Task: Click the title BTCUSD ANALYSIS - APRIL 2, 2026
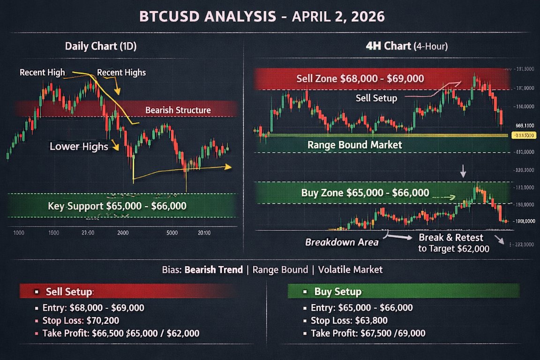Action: [x=262, y=16]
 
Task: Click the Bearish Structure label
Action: [x=178, y=110]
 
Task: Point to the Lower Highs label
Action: [x=79, y=146]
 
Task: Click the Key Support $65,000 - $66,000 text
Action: [x=117, y=206]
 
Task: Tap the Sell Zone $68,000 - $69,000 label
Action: [x=360, y=78]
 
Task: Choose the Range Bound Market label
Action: [x=354, y=144]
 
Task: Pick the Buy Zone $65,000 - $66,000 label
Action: [x=365, y=192]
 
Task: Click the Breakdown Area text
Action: [x=342, y=242]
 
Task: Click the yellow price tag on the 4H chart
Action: [x=523, y=135]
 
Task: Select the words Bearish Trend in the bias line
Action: [x=214, y=270]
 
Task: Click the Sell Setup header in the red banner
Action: [x=68, y=292]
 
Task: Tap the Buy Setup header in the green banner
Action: [x=337, y=292]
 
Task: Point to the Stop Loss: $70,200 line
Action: [x=80, y=321]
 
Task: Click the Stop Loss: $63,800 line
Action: [x=349, y=321]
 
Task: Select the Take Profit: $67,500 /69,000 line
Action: [x=368, y=333]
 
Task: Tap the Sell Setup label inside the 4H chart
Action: [x=376, y=98]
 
